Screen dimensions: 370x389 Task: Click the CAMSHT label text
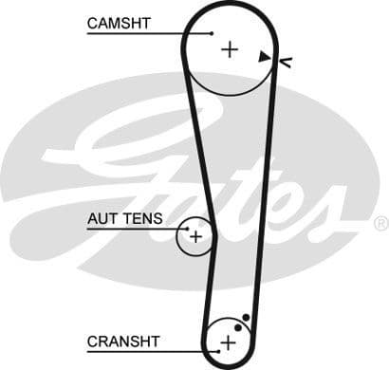(119, 22)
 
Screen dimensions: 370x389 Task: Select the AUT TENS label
(124, 218)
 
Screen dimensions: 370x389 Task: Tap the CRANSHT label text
(123, 341)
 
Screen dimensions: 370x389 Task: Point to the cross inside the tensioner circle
(195, 236)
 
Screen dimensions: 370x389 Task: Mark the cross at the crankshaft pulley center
(228, 342)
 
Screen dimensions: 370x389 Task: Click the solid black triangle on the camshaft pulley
(264, 57)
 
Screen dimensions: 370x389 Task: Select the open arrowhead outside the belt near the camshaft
(285, 62)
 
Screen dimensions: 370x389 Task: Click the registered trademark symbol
(380, 223)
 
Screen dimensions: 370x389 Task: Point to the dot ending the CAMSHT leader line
(213, 33)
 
